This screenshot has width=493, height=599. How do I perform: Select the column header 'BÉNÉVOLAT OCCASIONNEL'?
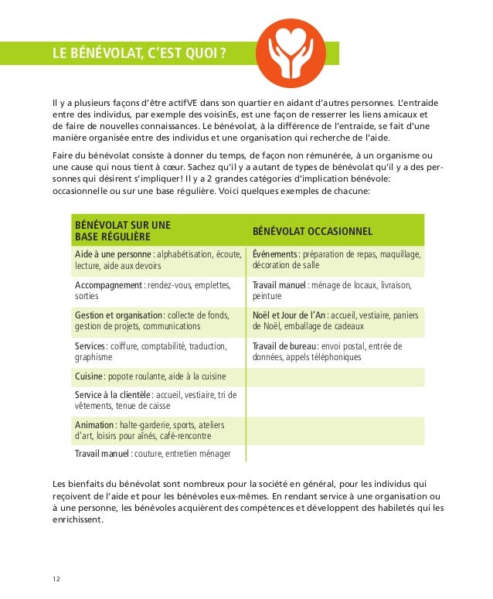[313, 232]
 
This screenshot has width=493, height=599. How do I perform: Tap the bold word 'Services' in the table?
[90, 345]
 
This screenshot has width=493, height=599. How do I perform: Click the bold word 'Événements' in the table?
[275, 254]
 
